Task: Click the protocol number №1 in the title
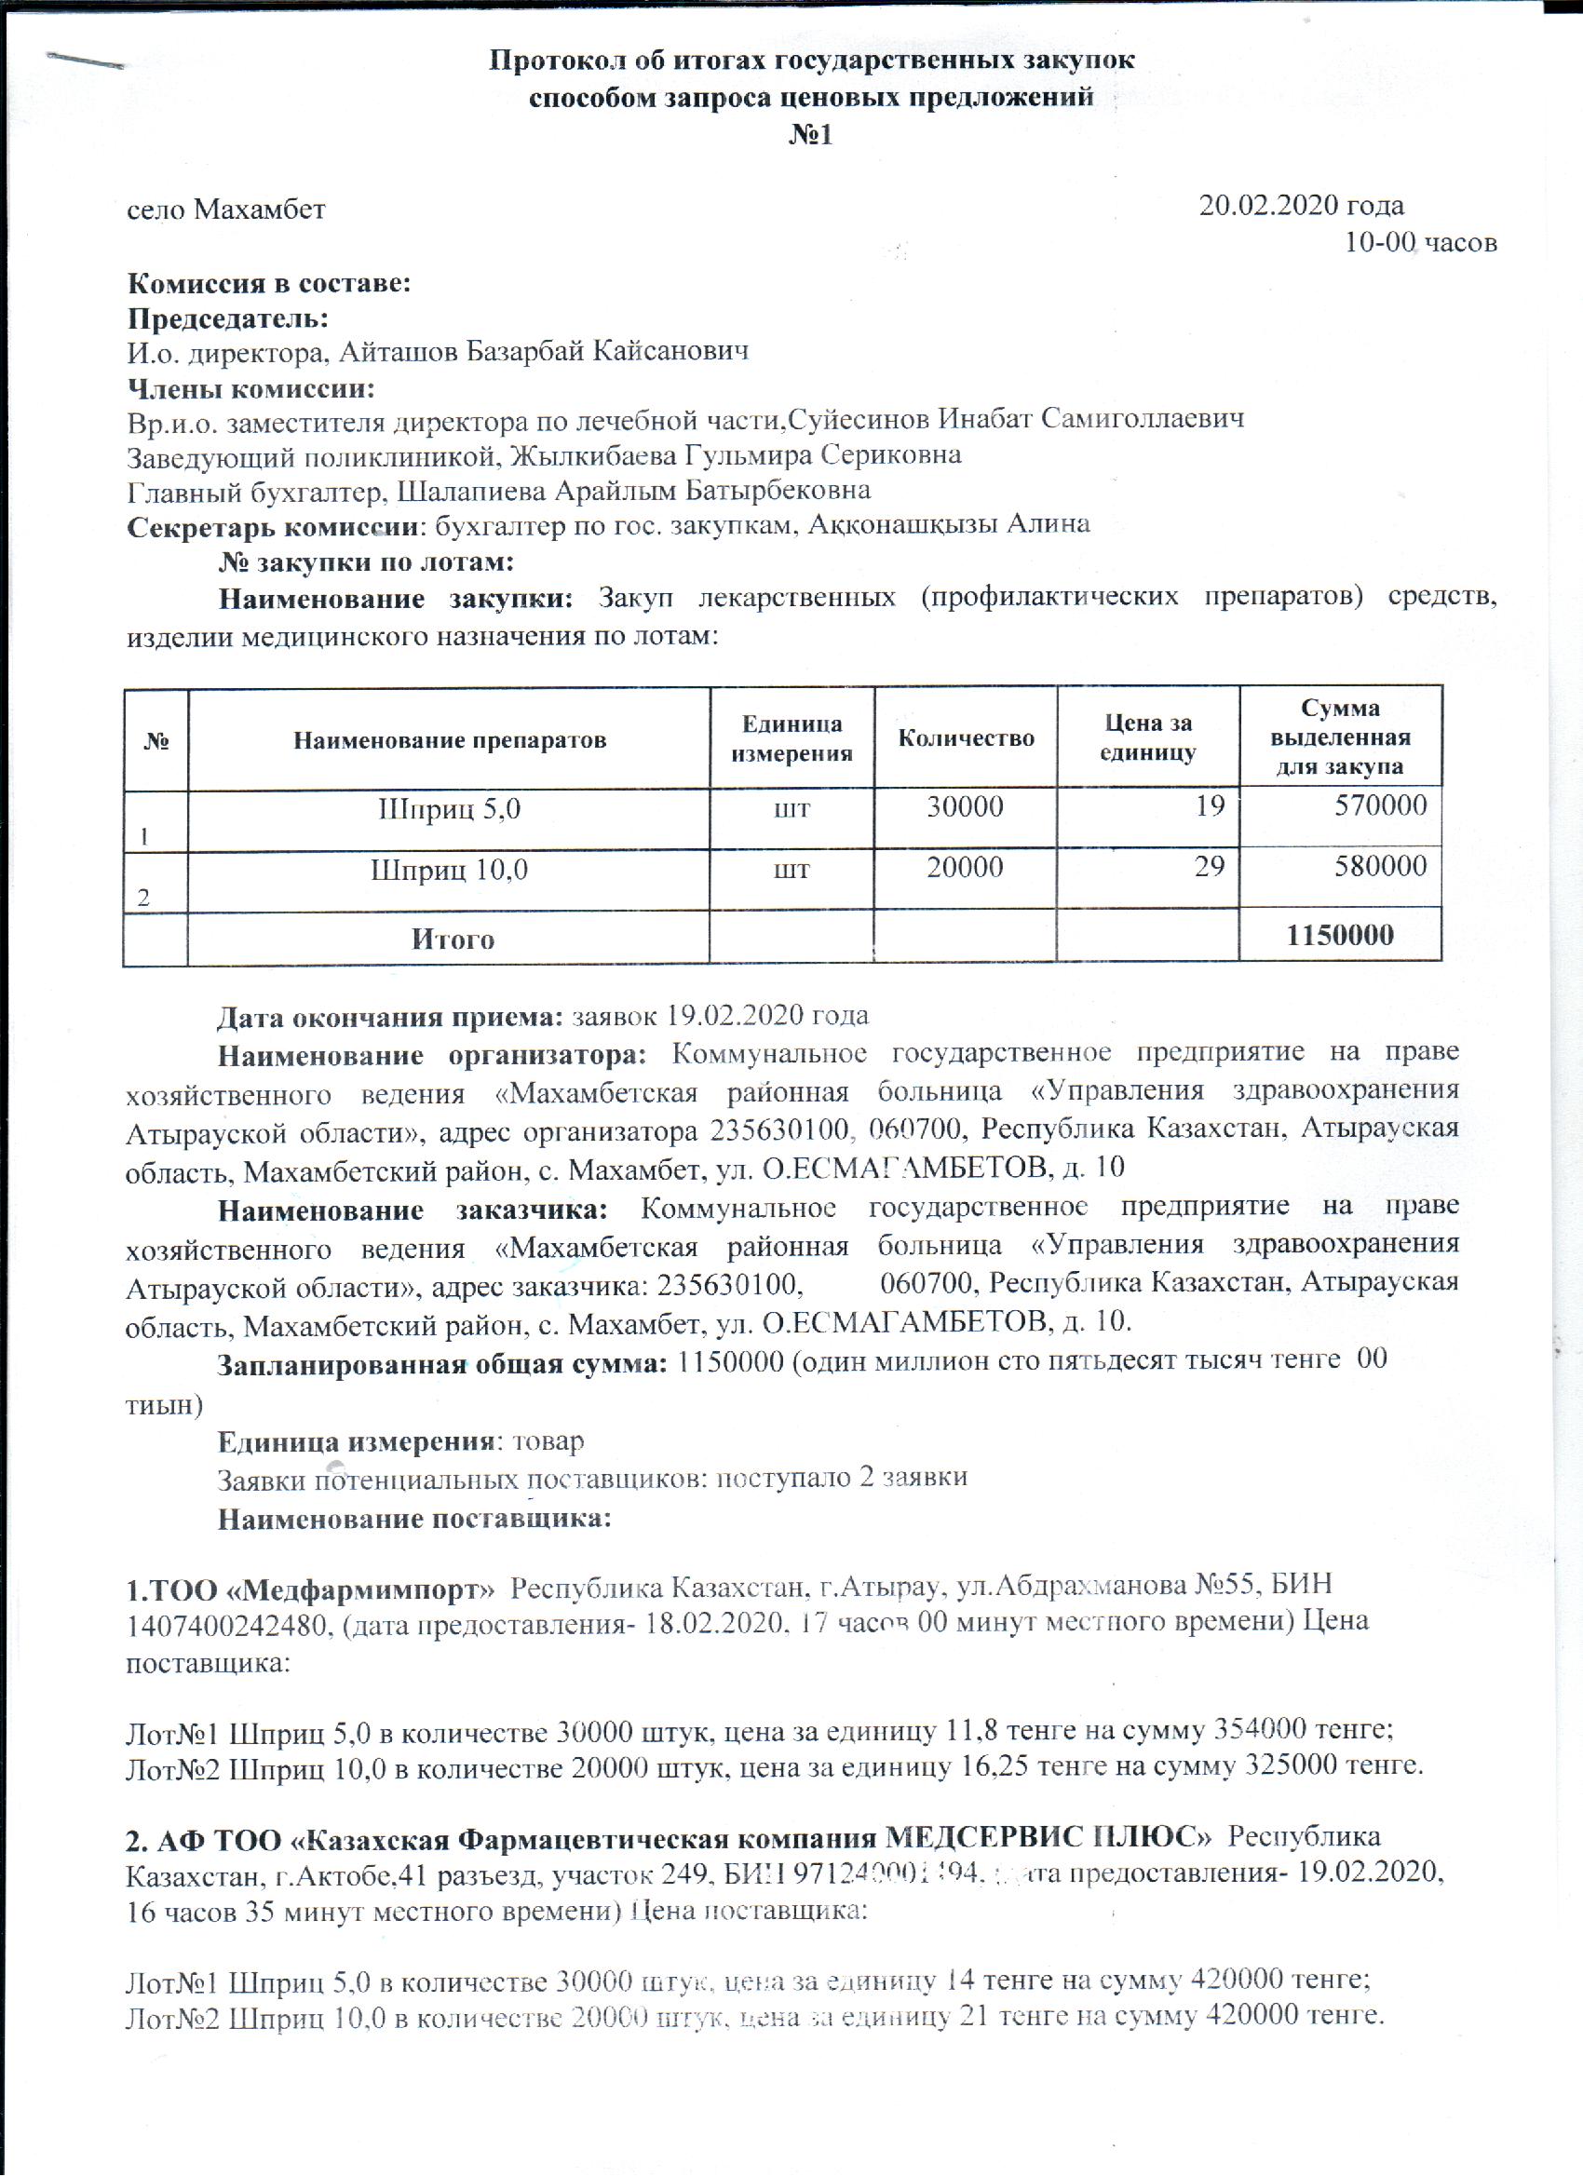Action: [810, 134]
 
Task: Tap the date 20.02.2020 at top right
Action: [1300, 206]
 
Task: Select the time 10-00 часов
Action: [1420, 242]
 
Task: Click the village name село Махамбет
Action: [226, 209]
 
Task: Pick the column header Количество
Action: [966, 738]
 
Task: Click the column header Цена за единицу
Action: [1147, 738]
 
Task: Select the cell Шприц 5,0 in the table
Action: [449, 808]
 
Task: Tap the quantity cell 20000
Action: [965, 868]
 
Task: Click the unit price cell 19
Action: [1210, 805]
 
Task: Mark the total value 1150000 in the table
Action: [1340, 935]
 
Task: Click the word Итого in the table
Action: [453, 938]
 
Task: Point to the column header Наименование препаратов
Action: [449, 740]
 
